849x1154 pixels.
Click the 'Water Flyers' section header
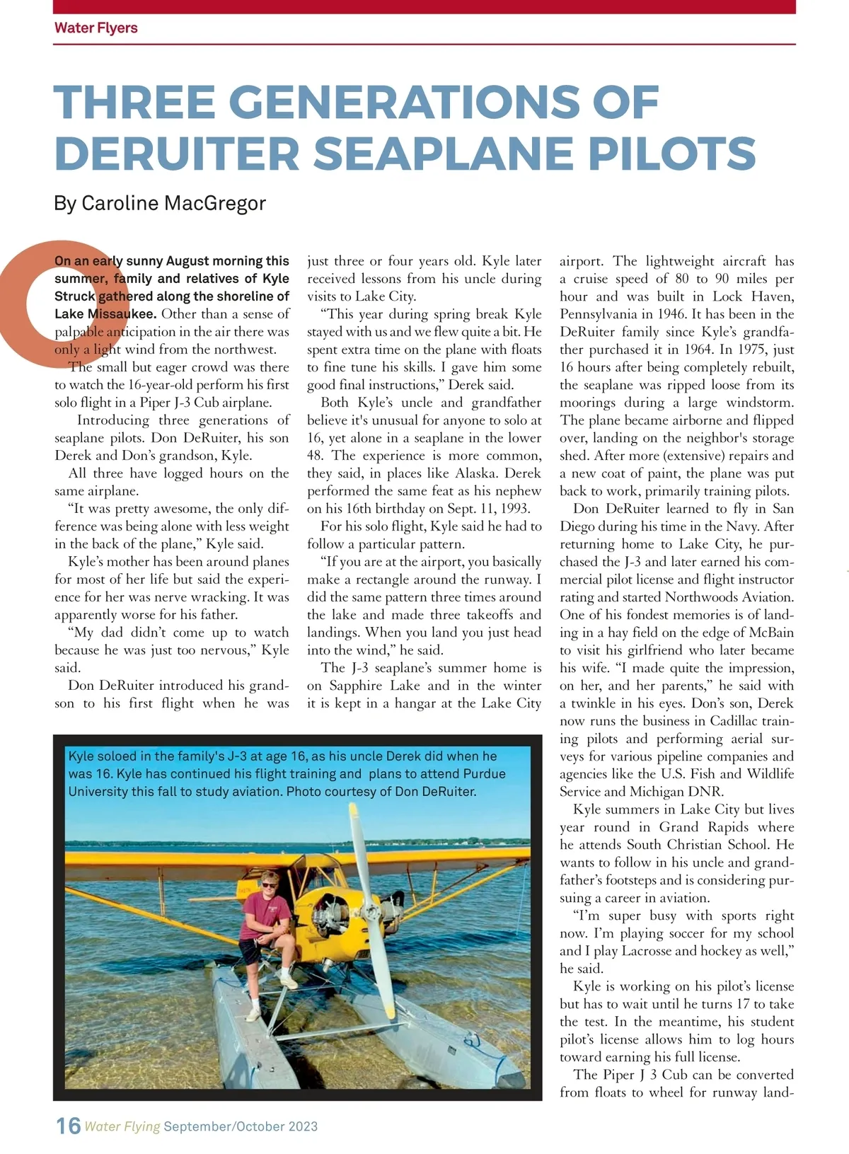point(96,28)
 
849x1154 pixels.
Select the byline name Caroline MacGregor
point(173,203)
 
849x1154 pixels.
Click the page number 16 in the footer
point(68,1126)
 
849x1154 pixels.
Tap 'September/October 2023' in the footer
point(241,1126)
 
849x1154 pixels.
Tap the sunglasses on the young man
point(270,882)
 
